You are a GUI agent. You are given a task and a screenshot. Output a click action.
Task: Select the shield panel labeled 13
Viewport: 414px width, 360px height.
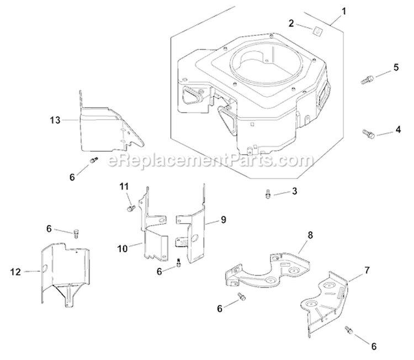[105, 130]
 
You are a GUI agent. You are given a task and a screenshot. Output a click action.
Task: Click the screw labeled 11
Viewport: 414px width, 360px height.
[131, 208]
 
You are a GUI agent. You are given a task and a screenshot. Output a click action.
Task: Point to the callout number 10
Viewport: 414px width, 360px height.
[122, 248]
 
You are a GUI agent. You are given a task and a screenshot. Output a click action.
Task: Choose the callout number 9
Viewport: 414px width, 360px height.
[223, 220]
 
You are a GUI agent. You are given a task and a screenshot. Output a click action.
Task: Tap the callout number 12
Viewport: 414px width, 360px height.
[16, 271]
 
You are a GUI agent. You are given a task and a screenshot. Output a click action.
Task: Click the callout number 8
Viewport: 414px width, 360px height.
[310, 235]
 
